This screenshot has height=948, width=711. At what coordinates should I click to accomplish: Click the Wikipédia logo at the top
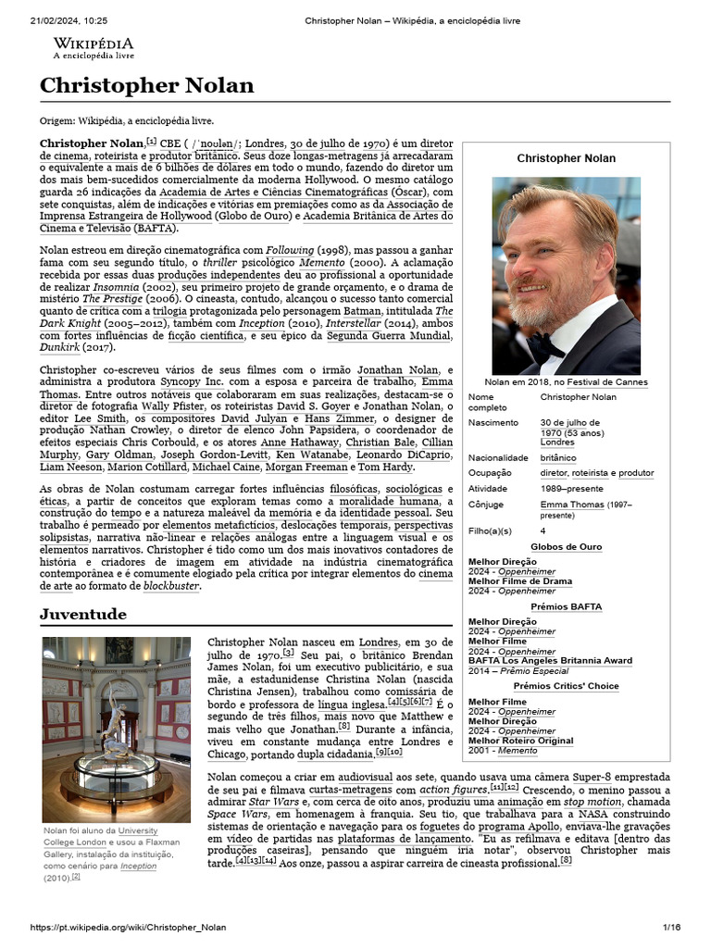tap(93, 48)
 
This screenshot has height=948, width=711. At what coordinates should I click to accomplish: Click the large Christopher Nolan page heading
tap(146, 86)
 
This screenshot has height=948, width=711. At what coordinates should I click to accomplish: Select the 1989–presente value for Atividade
tap(571, 488)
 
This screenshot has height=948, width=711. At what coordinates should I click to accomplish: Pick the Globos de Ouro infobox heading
tap(566, 547)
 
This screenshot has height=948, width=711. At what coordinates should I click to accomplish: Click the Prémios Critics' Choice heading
tap(566, 687)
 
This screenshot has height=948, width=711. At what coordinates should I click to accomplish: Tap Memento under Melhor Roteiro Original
tap(517, 750)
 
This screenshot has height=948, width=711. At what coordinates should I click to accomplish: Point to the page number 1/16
tap(670, 927)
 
